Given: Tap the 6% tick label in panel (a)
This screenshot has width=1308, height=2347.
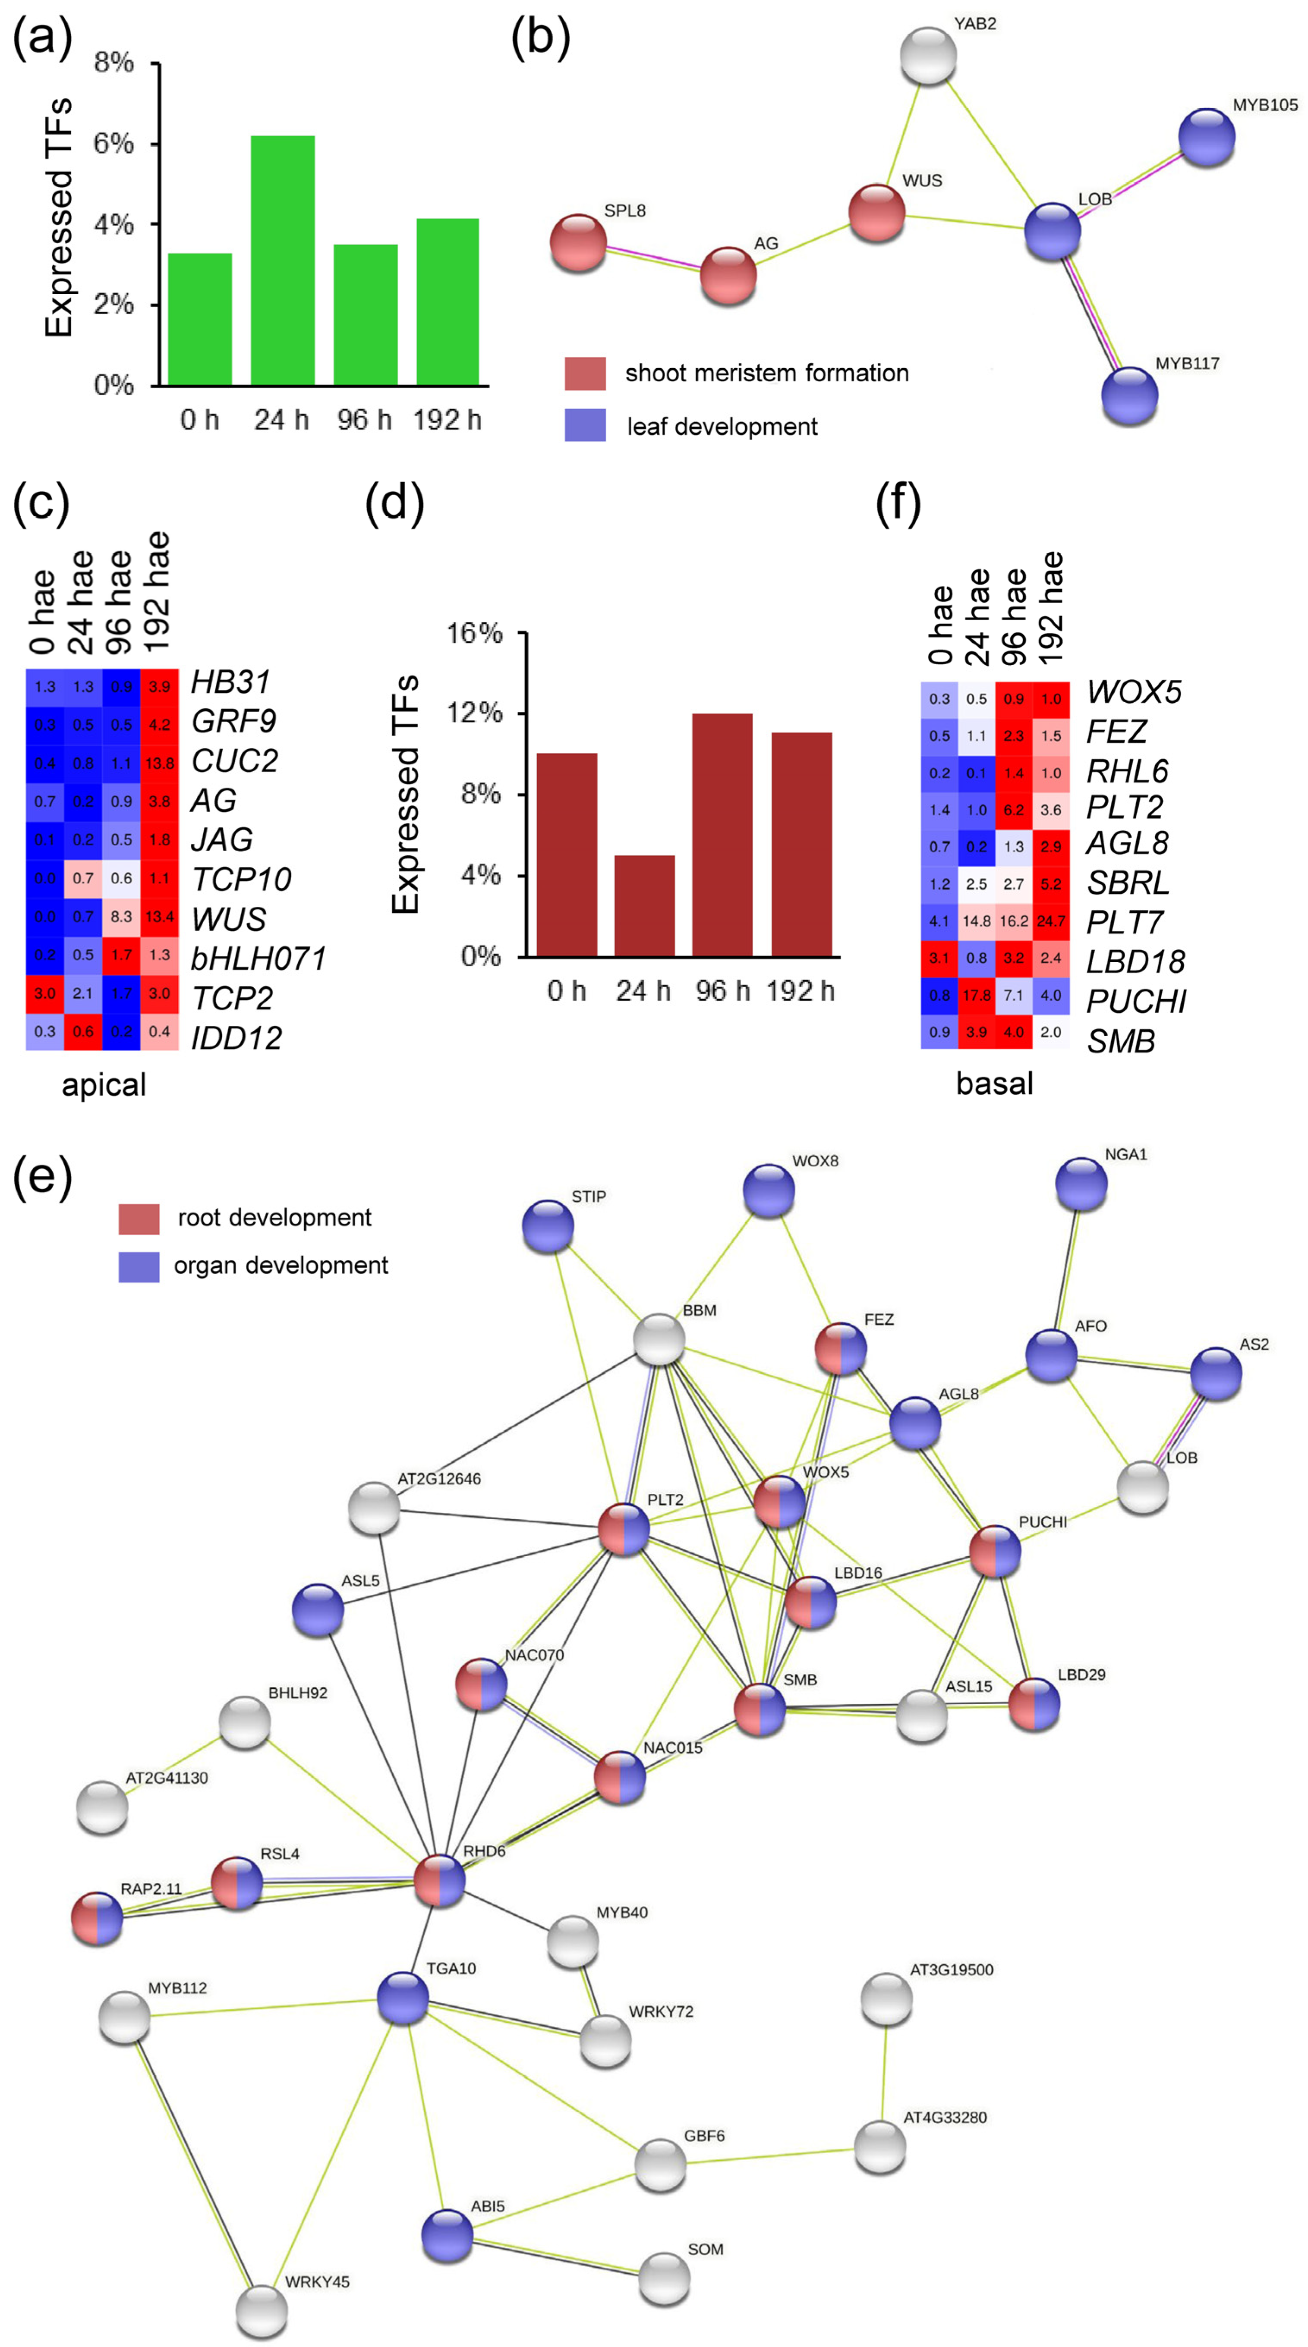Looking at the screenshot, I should coord(114,144).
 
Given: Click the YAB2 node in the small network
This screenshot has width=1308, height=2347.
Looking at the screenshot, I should coord(928,56).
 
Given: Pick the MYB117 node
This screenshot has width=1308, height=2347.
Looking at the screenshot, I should coord(1129,396).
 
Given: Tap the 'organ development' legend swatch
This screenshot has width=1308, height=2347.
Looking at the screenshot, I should coord(139,1266).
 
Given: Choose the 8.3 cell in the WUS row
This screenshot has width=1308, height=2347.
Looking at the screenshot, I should coord(121,917).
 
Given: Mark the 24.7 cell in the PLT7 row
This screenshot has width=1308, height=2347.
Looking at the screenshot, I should coord(1051,921).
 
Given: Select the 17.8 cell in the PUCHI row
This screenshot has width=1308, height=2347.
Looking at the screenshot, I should coord(976,995).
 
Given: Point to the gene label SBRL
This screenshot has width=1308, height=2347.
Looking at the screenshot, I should coord(1128,883).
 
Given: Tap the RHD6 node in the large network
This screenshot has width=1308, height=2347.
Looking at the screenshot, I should coord(439,1879).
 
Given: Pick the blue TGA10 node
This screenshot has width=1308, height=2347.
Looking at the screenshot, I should coord(403,1998).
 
